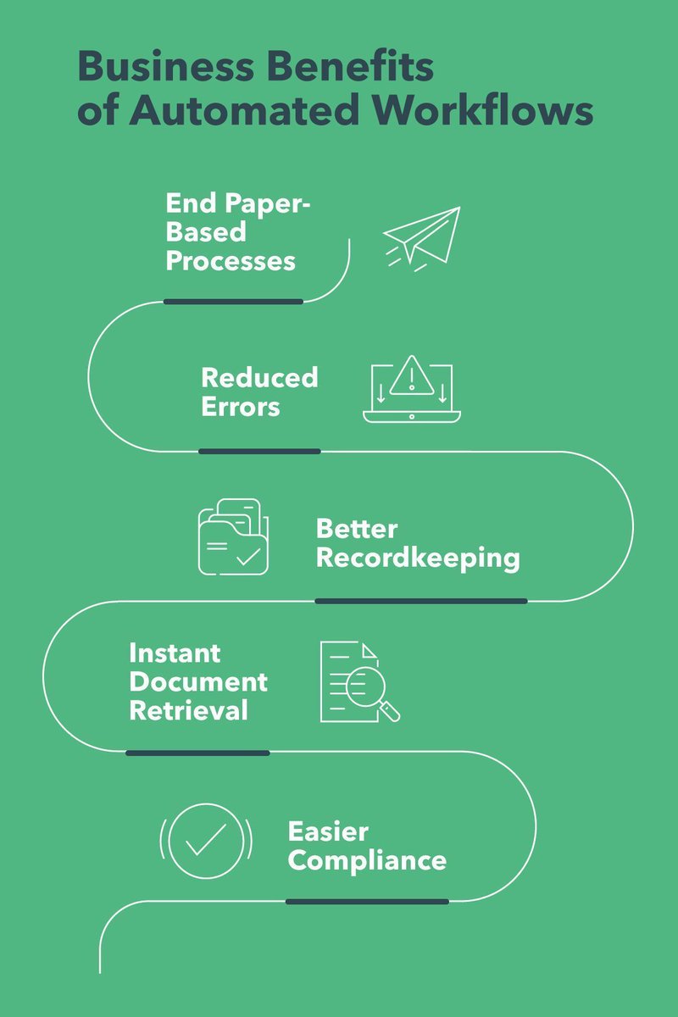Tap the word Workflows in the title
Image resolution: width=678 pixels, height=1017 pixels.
[485, 112]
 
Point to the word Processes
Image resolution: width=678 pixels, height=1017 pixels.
[231, 260]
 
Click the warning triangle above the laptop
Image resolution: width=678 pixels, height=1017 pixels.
[412, 374]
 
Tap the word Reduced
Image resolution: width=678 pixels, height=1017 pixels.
[259, 377]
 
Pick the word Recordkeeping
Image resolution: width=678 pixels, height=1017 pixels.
[418, 559]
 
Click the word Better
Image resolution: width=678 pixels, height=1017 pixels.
[357, 529]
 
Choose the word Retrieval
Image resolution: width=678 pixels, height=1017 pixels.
[188, 710]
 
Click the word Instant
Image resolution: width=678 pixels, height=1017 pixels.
[175, 653]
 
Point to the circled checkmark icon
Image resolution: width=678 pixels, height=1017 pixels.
[206, 840]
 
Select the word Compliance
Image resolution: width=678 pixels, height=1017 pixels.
[367, 860]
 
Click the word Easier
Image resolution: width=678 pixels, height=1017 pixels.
[328, 831]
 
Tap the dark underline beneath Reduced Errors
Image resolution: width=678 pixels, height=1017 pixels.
[259, 451]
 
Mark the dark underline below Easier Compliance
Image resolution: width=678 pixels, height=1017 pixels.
[367, 901]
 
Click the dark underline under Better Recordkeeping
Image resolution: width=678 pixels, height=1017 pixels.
[420, 601]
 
